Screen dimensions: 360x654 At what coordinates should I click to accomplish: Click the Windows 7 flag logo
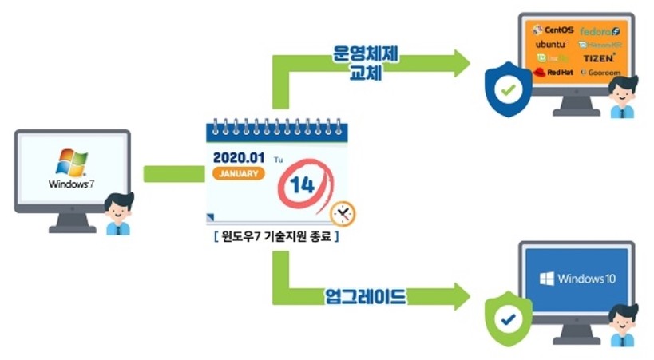point(71,162)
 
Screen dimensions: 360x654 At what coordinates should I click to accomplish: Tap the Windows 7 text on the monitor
point(71,184)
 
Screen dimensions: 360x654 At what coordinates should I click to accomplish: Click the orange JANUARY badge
point(237,173)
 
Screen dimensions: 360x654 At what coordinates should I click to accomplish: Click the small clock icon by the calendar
point(343,213)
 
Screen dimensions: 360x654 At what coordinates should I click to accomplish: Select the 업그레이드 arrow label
point(366,297)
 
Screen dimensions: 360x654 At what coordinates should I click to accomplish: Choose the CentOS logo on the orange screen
point(553,30)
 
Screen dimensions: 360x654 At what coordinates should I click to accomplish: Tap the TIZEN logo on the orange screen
point(599,57)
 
